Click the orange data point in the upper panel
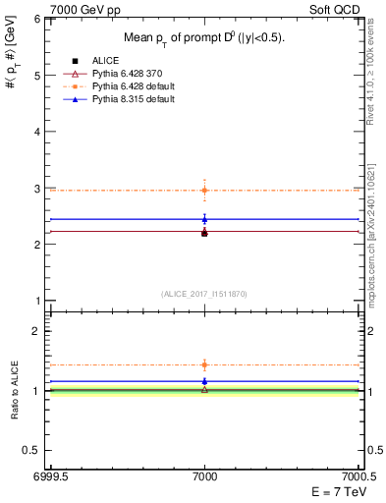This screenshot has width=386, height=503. click(x=204, y=190)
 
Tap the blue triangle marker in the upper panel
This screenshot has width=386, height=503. click(x=204, y=219)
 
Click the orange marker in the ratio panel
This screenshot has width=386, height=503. click(x=204, y=364)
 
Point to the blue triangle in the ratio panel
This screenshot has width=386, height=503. click(x=204, y=381)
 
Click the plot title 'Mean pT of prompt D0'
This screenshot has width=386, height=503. click(x=203, y=38)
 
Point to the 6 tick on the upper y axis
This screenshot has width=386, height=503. click(x=38, y=19)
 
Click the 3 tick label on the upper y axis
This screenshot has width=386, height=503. click(x=38, y=188)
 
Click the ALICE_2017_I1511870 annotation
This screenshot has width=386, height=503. click(x=203, y=294)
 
